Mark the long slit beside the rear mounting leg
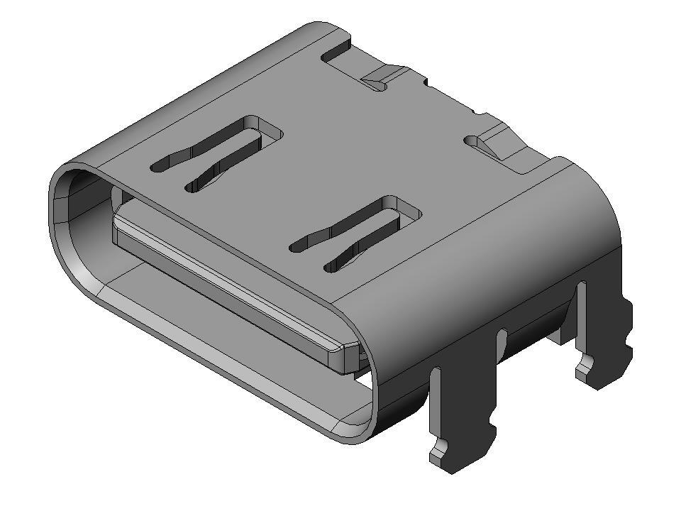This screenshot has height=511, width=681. coord(582,312)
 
